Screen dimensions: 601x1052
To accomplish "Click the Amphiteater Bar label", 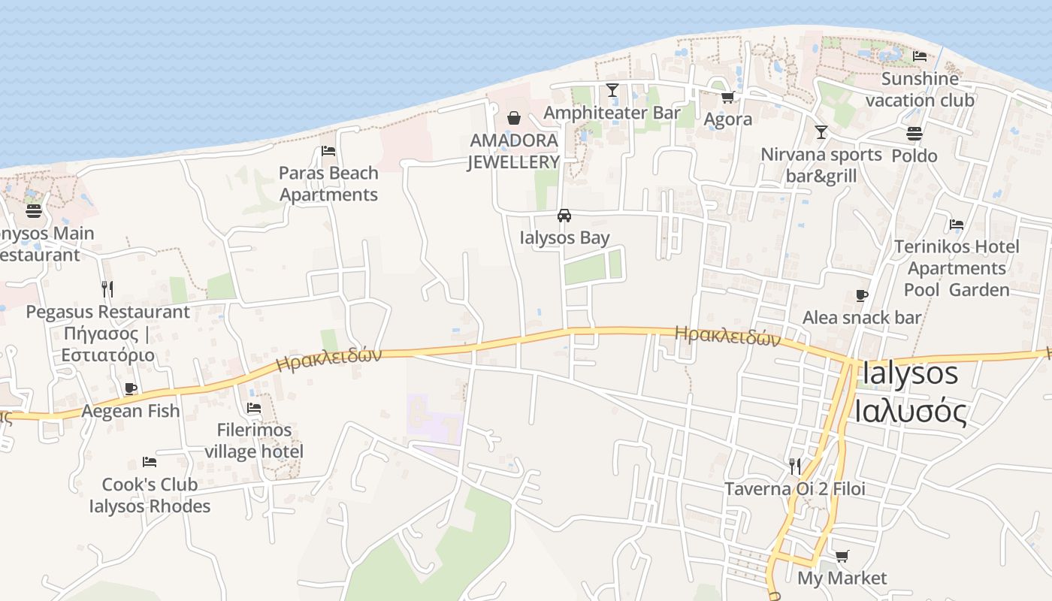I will [x=612, y=113].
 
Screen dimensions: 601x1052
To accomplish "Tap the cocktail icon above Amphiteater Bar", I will [x=612, y=90].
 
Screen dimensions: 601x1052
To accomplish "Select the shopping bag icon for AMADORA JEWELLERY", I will [x=514, y=118].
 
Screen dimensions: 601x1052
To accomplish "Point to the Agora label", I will [x=727, y=119].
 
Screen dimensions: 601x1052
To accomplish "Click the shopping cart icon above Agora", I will [x=727, y=97].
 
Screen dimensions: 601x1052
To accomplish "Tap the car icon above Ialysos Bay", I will [x=564, y=216].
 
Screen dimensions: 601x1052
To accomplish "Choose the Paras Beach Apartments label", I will [x=328, y=184].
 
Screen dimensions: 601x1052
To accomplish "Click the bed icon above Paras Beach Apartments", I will [x=328, y=151].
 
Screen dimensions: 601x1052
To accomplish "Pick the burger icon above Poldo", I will [x=914, y=134].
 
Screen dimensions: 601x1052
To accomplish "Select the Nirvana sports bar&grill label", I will [x=821, y=165].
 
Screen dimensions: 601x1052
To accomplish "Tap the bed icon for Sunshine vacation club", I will [x=920, y=56].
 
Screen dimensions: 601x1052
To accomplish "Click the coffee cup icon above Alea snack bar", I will [x=862, y=295].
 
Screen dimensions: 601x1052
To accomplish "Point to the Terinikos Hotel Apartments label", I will [x=957, y=268].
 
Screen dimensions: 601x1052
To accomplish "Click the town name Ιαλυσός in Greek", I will [x=911, y=411].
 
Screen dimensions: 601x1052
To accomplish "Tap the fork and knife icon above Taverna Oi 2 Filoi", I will [x=795, y=467].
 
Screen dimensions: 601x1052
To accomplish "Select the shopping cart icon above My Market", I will [x=842, y=557].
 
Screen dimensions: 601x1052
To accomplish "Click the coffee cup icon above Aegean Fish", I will [x=131, y=388].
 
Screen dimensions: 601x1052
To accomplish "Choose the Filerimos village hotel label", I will [x=254, y=441].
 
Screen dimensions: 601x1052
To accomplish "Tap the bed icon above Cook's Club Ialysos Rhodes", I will [x=150, y=462].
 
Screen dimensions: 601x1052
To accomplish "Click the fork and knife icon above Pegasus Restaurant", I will [x=107, y=288].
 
